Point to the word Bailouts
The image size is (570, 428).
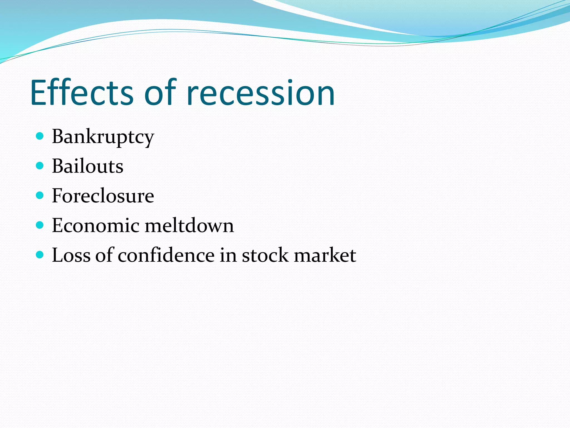(x=87, y=166)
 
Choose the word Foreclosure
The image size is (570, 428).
(x=103, y=196)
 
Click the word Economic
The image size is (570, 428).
(x=95, y=225)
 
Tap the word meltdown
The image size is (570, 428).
(x=189, y=225)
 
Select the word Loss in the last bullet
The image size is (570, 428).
(x=71, y=255)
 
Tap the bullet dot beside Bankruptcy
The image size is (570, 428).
(x=40, y=136)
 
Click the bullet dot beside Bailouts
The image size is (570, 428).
(x=40, y=166)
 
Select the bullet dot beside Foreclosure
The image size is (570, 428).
(x=40, y=195)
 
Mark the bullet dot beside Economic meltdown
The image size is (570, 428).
(x=40, y=225)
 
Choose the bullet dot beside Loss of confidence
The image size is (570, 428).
(x=40, y=254)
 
